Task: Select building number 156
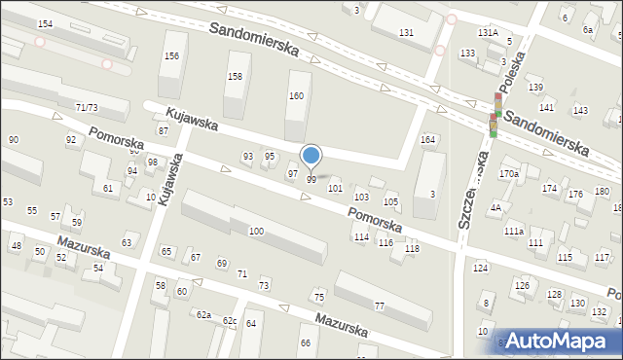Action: click(x=171, y=56)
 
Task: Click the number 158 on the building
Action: click(x=235, y=76)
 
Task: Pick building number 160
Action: click(x=296, y=95)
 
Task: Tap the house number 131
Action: click(x=406, y=33)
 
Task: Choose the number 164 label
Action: click(x=427, y=140)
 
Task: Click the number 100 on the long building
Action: click(x=256, y=231)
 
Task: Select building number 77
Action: click(x=380, y=306)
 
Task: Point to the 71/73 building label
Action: click(x=86, y=107)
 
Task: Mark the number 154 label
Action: click(x=45, y=22)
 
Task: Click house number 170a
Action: click(x=509, y=174)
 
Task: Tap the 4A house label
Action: click(x=495, y=207)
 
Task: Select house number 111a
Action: click(x=514, y=231)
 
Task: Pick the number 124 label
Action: click(x=480, y=268)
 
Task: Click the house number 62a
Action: click(x=203, y=315)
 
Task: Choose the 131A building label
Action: click(x=488, y=32)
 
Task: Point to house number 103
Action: click(x=361, y=197)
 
